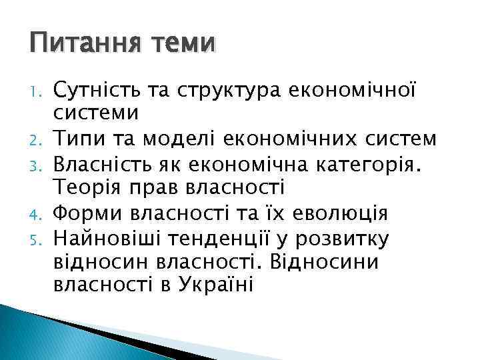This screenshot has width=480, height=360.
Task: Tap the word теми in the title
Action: tap(183, 44)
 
